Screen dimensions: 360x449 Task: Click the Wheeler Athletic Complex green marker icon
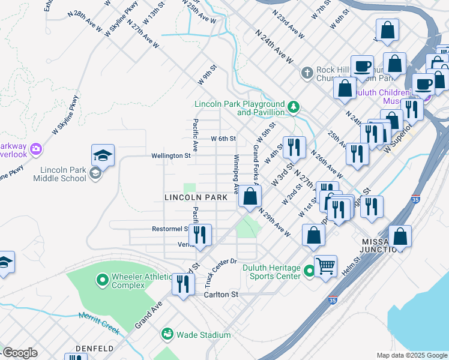(x=102, y=279)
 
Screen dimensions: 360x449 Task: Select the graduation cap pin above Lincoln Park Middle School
(x=103, y=156)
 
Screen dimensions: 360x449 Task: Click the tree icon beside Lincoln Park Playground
(x=293, y=107)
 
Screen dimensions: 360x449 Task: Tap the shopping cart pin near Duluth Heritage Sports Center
(x=325, y=265)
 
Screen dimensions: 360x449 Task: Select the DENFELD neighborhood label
(x=95, y=349)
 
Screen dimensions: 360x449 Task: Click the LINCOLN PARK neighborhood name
(x=196, y=197)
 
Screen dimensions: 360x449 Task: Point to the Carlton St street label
(x=221, y=295)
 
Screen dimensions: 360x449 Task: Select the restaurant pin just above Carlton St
(x=183, y=283)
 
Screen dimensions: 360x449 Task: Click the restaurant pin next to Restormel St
(x=200, y=235)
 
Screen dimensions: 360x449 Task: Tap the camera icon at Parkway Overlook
(x=35, y=148)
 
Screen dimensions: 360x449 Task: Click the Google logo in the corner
(x=20, y=353)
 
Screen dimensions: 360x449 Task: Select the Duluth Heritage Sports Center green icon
(x=309, y=271)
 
